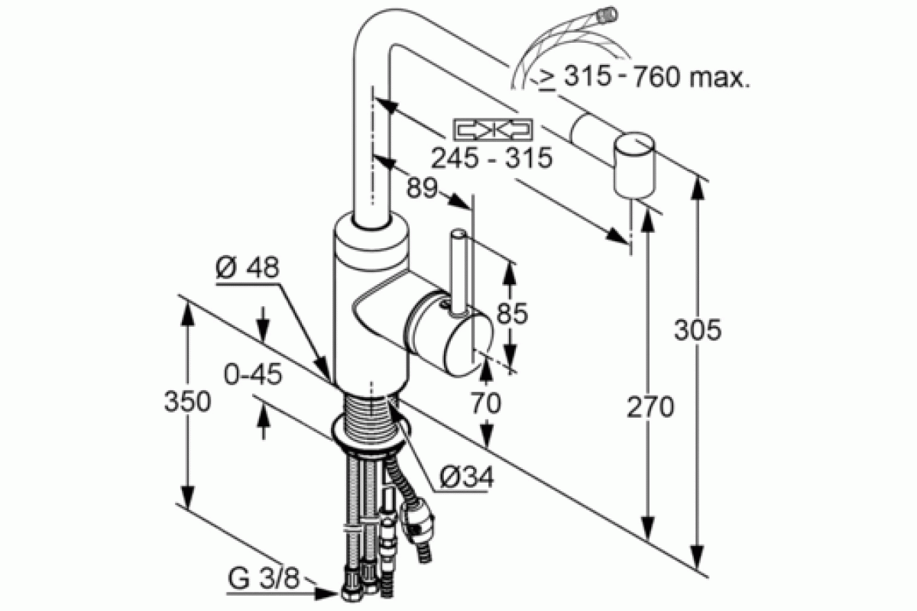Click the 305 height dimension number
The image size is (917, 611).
[698, 330]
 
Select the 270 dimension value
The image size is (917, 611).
[650, 407]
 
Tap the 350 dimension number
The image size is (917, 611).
[187, 401]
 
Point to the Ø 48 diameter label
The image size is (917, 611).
[248, 267]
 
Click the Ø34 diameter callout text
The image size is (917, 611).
[467, 477]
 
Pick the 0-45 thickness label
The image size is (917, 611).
[253, 374]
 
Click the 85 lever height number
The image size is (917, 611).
[512, 313]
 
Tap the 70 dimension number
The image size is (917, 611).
[485, 402]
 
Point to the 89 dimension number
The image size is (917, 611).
[423, 188]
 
